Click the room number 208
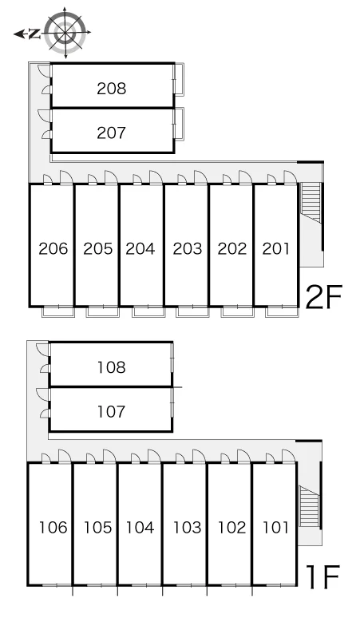click(112, 89)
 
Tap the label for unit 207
click(112, 133)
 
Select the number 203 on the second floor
click(188, 248)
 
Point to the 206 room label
click(53, 248)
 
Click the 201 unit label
click(275, 248)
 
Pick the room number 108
click(112, 367)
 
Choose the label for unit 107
click(112, 412)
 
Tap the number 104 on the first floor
click(140, 527)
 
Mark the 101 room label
click(275, 527)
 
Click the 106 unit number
click(53, 527)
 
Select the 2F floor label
click(324, 297)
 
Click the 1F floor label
click(323, 576)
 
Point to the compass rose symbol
click(65, 33)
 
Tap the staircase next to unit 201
click(311, 203)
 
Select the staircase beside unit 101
click(309, 506)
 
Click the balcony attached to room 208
click(179, 79)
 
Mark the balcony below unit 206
click(58, 311)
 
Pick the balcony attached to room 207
click(179, 123)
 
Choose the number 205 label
click(98, 248)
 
